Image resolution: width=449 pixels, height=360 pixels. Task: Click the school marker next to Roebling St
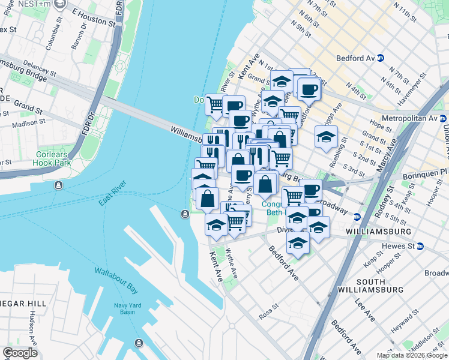tap(327, 137)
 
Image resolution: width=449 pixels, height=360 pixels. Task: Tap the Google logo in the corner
tap(19, 353)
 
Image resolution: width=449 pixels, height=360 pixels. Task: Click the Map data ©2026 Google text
tap(412, 355)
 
